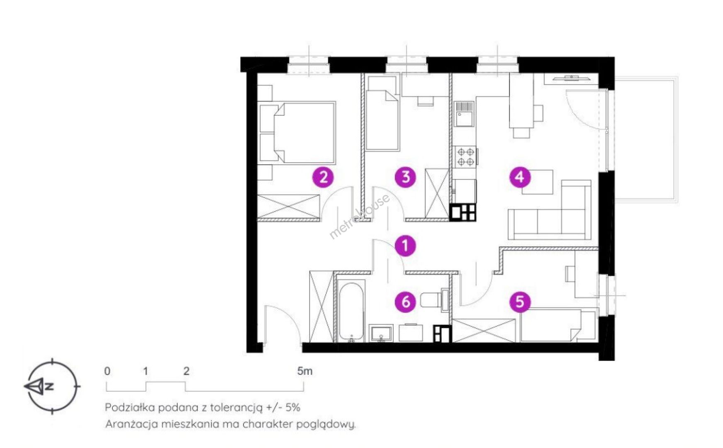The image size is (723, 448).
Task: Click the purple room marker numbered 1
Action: (x=405, y=245)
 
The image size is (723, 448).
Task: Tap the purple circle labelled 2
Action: (x=323, y=177)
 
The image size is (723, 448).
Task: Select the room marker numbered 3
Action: (x=406, y=177)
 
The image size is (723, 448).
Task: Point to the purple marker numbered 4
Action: (x=520, y=177)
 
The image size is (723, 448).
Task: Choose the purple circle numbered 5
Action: (x=520, y=302)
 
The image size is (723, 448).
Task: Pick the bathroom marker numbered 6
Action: (x=406, y=302)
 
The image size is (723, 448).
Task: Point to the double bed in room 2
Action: (x=297, y=132)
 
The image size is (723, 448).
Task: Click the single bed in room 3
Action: (x=382, y=119)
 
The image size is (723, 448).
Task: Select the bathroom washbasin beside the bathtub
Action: (x=381, y=334)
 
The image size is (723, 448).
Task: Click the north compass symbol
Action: (x=51, y=386)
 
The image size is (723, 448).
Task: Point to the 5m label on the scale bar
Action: (x=304, y=371)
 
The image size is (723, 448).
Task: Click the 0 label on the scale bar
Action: (x=107, y=371)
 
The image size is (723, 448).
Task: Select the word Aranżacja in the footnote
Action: (x=126, y=424)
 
